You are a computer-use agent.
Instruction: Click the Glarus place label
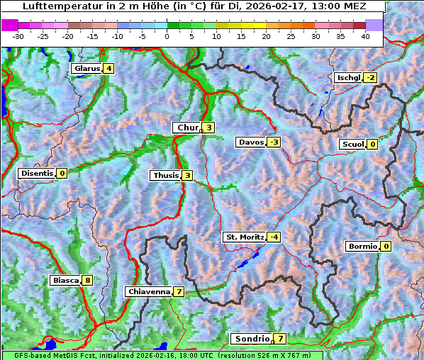coord(86,69)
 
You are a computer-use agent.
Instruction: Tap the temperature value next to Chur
coord(209,128)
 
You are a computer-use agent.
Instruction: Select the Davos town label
coord(250,142)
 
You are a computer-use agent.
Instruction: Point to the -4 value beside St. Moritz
coord(274,237)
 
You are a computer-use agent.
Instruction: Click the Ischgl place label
coord(347,77)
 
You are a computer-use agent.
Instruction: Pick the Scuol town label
coord(352,145)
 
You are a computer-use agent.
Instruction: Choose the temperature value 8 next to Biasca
coord(87,281)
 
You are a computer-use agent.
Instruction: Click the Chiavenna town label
coord(148,291)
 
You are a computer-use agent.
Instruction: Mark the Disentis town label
coord(36,173)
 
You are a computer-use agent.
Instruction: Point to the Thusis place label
coord(165,175)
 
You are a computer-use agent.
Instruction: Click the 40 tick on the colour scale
coord(366,35)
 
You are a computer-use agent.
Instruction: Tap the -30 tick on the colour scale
coord(18,35)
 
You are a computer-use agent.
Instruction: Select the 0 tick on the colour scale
coord(167,35)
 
